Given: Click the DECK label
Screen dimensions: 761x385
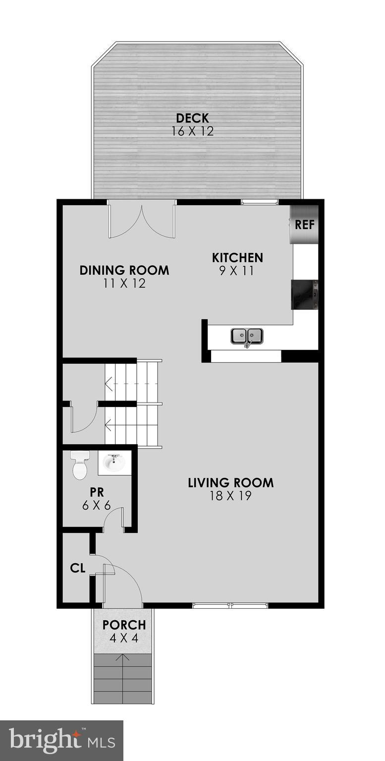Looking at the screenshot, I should [x=192, y=118].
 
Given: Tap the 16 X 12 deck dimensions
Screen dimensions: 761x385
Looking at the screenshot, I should [x=192, y=131].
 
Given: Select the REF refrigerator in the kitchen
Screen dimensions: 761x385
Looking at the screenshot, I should [x=304, y=225].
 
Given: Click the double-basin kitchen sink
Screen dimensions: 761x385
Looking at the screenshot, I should [x=247, y=336].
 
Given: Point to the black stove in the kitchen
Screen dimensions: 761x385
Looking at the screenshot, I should [x=305, y=294].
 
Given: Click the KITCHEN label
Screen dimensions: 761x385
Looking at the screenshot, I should [x=237, y=258].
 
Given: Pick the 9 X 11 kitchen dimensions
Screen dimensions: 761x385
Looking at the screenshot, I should [x=237, y=271].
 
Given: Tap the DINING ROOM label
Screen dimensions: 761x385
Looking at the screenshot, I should [x=124, y=270].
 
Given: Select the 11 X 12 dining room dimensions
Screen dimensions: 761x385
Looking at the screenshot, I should [x=124, y=284].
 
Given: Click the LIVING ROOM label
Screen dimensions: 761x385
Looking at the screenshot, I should [x=230, y=482].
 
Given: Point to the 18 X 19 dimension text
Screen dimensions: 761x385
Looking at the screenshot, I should [x=230, y=496].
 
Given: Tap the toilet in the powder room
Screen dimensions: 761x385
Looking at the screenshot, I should [x=79, y=465].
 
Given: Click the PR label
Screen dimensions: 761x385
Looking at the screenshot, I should [x=96, y=493].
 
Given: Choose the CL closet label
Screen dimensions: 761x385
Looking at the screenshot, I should [x=78, y=569].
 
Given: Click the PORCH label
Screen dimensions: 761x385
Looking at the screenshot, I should [x=124, y=625].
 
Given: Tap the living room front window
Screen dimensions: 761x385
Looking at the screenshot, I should [x=230, y=605].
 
